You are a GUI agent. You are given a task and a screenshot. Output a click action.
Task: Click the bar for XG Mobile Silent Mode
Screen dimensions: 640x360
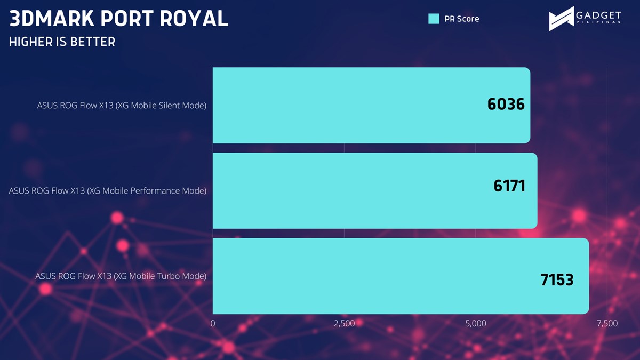click(x=371, y=105)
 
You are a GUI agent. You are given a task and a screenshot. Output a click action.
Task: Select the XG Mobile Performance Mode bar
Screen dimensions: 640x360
click(x=375, y=190)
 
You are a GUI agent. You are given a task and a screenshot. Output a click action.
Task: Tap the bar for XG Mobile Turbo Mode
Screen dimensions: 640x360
click(x=401, y=276)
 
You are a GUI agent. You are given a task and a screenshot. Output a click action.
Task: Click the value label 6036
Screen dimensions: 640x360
click(x=506, y=104)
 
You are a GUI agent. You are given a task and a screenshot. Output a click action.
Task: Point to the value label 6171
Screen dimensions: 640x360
click(x=509, y=186)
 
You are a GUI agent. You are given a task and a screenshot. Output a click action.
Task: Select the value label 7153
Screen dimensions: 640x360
click(x=557, y=279)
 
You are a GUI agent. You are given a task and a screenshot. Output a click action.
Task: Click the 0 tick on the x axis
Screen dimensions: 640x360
click(x=213, y=323)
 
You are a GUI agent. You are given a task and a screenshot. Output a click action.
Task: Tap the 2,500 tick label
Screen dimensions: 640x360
click(x=345, y=323)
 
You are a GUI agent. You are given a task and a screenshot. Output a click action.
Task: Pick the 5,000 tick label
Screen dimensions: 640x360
click(x=476, y=323)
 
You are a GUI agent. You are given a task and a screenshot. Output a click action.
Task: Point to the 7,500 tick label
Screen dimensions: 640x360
click(x=607, y=323)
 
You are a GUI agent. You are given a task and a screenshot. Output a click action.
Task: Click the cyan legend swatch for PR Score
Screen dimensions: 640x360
click(x=434, y=19)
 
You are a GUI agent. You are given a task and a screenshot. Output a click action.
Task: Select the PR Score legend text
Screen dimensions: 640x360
click(x=462, y=19)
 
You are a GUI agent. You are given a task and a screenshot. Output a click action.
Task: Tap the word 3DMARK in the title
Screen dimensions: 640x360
click(x=52, y=19)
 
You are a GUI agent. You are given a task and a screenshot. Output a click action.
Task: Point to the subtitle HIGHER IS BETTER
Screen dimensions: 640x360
click(x=62, y=42)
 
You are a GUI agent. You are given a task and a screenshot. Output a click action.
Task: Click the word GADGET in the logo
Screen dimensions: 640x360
click(x=598, y=15)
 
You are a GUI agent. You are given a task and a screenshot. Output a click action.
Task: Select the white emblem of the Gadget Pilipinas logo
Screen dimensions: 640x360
click(x=561, y=19)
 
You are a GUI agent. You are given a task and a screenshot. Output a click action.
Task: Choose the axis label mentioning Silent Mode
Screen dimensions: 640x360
click(x=122, y=106)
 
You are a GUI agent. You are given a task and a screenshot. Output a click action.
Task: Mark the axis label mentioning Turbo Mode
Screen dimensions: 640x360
click(x=121, y=276)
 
